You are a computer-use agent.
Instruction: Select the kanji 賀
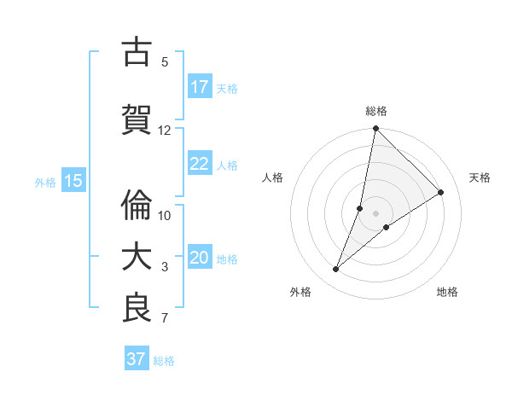(137, 120)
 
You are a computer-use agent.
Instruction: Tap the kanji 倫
(137, 205)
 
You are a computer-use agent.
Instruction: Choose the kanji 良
(137, 308)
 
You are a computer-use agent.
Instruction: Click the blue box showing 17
(199, 87)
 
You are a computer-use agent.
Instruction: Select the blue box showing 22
(199, 164)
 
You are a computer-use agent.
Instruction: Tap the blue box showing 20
(199, 258)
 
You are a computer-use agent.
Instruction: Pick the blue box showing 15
(73, 181)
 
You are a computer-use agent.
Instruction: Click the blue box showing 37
(137, 359)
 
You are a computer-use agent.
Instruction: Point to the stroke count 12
(165, 131)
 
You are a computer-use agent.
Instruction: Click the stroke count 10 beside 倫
(165, 215)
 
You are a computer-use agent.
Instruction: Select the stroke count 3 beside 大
(165, 267)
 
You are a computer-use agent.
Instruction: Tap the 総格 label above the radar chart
(375, 111)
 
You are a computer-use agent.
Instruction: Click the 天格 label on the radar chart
(480, 177)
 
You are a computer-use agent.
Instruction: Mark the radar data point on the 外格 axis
(335, 270)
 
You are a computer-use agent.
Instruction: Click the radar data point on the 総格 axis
(375, 129)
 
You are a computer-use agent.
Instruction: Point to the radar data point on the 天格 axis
(441, 193)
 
